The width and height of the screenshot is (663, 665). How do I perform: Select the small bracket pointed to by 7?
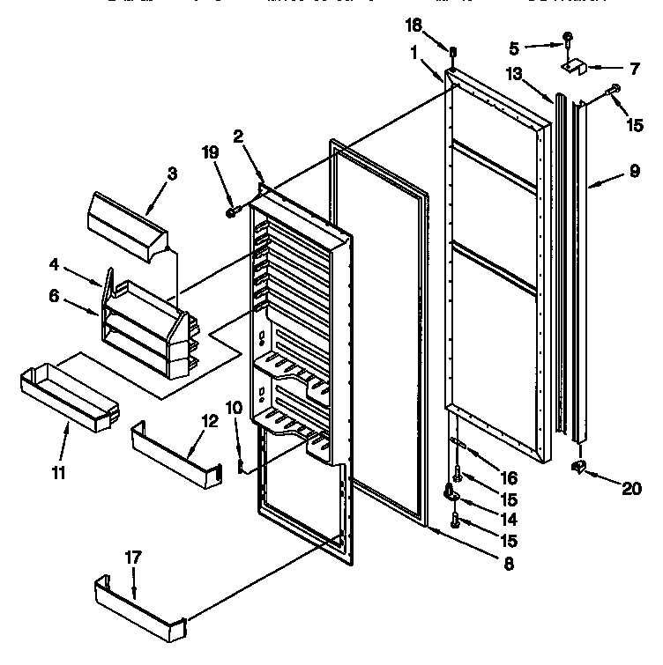(573, 66)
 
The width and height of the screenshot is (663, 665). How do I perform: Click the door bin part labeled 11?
(66, 396)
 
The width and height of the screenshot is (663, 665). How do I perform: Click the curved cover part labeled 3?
(123, 220)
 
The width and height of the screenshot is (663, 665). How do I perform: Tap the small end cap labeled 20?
(579, 466)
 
